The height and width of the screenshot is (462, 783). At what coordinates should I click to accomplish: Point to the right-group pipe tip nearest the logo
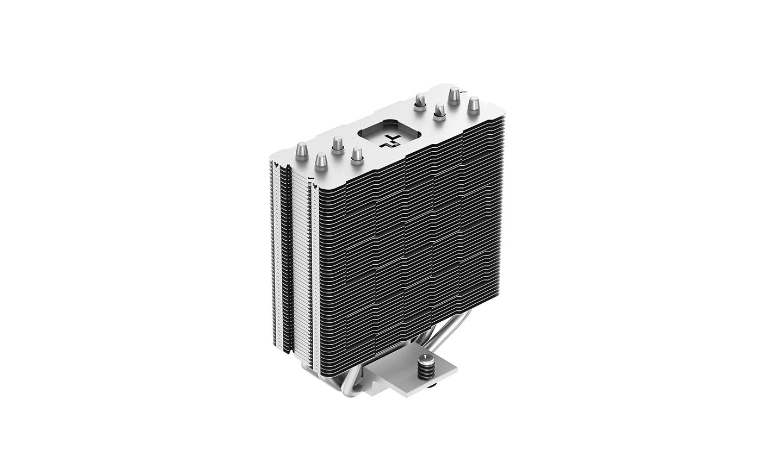coord(419,101)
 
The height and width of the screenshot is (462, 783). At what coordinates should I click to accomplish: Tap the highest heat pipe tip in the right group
coord(453,96)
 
